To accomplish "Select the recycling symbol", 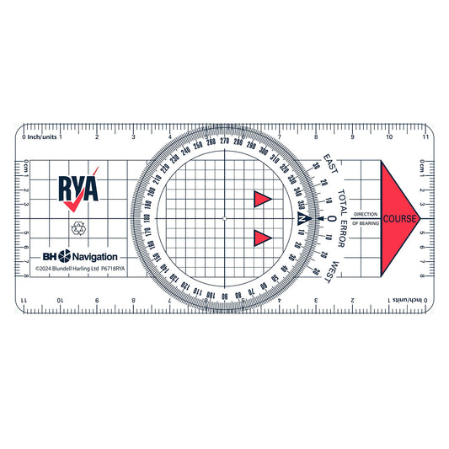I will [x=79, y=227].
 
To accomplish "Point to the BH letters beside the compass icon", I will [x=49, y=255].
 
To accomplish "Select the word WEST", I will [x=334, y=271].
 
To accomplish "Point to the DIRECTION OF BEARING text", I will [x=366, y=219].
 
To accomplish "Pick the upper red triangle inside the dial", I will [x=262, y=199].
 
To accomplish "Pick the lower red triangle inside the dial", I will [x=262, y=238].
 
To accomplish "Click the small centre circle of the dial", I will [x=225, y=219].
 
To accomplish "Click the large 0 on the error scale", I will [x=331, y=219].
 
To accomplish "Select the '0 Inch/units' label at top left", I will [x=40, y=136].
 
